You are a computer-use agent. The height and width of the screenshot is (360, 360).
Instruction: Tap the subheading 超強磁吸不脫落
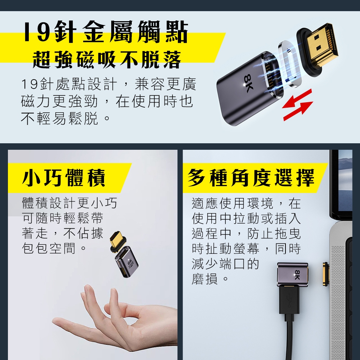[x=107, y=60]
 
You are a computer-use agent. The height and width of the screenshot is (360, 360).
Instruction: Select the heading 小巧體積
[x=64, y=178]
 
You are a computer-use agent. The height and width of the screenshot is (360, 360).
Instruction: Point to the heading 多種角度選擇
[x=251, y=178]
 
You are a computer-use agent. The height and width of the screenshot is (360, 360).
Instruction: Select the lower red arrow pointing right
[x=298, y=111]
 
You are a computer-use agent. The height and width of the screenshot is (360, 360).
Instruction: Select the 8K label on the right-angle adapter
[x=297, y=275]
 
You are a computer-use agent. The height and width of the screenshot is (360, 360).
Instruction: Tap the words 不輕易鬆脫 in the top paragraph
[x=59, y=118]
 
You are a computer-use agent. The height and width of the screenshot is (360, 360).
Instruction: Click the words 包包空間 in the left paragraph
[x=49, y=248]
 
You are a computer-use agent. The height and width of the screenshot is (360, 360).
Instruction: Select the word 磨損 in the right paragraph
[x=204, y=279]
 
